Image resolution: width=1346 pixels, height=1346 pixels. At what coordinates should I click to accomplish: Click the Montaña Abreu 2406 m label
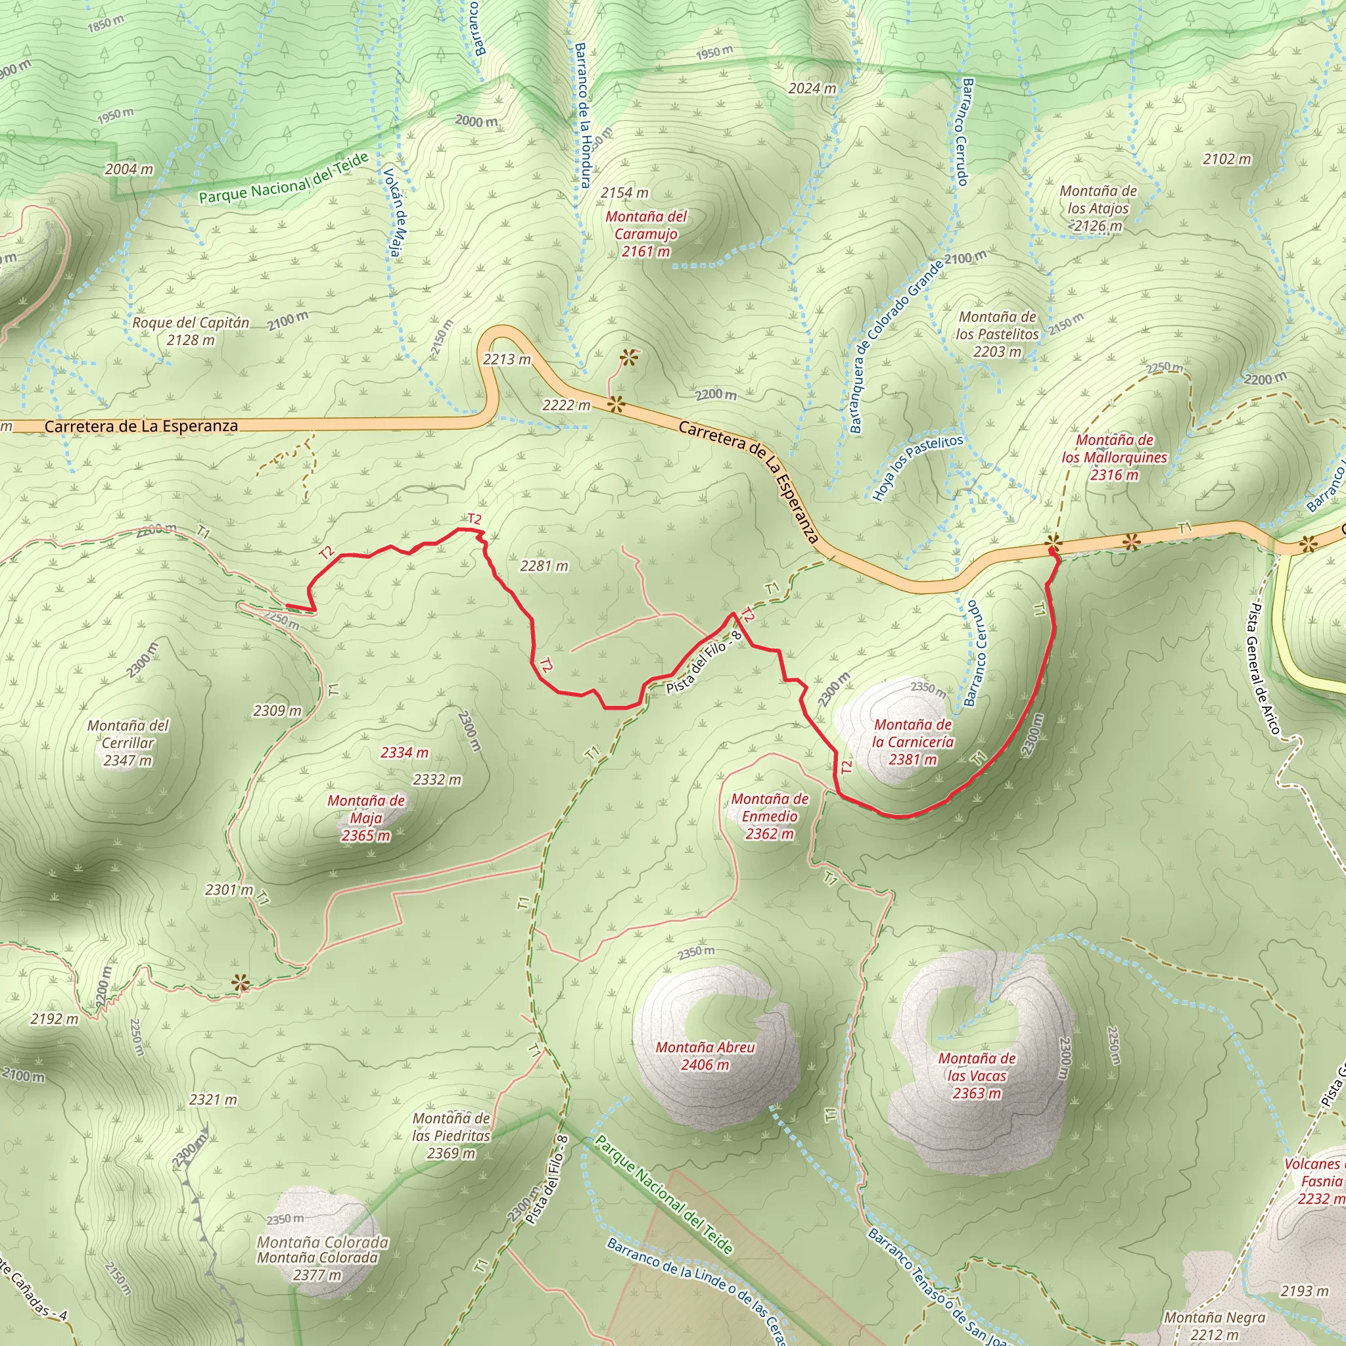click(x=705, y=1056)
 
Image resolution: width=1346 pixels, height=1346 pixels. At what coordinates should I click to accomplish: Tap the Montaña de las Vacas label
click(x=977, y=1076)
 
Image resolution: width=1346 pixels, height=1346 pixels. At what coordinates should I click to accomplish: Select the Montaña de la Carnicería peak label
click(x=913, y=742)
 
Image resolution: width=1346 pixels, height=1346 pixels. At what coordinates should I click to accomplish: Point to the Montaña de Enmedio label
click(x=770, y=816)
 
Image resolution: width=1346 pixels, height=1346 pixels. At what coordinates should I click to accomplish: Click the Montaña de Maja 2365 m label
click(x=366, y=818)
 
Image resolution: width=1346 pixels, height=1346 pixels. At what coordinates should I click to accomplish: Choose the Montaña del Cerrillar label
click(x=128, y=743)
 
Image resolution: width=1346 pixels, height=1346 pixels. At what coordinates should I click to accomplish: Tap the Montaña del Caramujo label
click(x=646, y=234)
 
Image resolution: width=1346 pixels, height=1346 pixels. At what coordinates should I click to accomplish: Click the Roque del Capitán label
click(x=191, y=331)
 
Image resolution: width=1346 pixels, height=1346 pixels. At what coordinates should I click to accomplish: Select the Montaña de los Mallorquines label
click(x=1114, y=457)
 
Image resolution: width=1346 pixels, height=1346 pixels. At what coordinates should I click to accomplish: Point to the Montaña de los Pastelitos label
click(x=997, y=335)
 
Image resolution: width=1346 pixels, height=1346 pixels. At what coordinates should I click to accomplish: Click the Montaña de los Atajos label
click(x=1098, y=208)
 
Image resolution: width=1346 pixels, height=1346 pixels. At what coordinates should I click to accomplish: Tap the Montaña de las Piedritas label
click(x=451, y=1136)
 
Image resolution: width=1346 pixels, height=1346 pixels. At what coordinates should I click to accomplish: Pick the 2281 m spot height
click(x=544, y=566)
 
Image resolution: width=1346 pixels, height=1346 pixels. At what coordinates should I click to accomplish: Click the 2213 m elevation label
click(x=507, y=360)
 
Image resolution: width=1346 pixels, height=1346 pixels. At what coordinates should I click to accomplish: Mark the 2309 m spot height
click(x=277, y=710)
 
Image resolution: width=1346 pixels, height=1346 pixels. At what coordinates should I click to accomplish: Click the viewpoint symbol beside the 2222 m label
click(x=616, y=404)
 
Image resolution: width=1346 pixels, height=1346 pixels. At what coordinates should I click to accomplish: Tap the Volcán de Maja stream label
click(x=393, y=212)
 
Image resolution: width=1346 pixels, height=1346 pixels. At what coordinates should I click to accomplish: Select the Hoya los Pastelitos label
click(x=917, y=467)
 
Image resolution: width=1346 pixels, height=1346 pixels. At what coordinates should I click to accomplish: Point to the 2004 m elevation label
click(x=129, y=170)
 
